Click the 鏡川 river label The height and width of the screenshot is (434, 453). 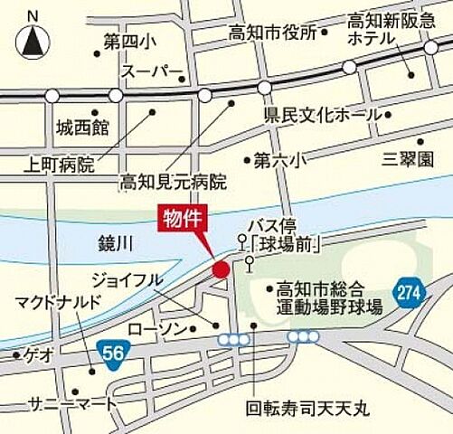(x=118, y=242)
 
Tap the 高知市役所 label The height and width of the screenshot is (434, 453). (x=272, y=33)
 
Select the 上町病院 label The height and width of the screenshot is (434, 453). (x=61, y=165)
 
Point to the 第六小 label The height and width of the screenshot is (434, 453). (x=279, y=160)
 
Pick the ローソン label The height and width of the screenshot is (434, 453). (x=155, y=326)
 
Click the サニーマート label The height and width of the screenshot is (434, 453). (x=72, y=401)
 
